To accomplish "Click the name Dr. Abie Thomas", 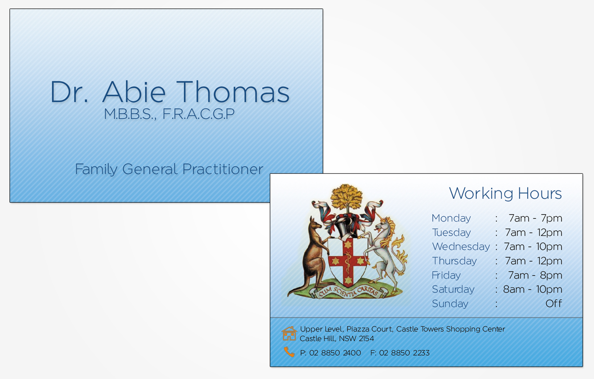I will point(169,92).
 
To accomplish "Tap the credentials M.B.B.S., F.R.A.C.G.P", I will point(169,114).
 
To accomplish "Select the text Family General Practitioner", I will point(169,169).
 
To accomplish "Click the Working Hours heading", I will point(505,193).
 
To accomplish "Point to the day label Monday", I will point(451,218).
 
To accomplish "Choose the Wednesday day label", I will point(460,246).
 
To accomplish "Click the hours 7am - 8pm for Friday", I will point(535,275).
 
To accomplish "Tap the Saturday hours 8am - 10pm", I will point(532,289).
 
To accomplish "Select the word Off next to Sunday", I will point(553,304).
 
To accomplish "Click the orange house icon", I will point(289,333).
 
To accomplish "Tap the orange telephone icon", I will point(289,352).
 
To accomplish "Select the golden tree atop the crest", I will point(347,197).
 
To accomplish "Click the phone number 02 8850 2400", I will point(335,353).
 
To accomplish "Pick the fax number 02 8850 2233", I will point(404,353).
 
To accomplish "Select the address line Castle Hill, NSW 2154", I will point(337,338).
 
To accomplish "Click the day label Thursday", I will point(454,261).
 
